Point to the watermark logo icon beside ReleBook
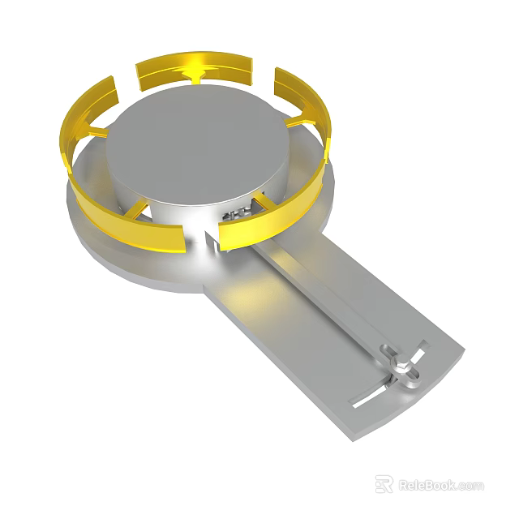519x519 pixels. (x=384, y=485)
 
